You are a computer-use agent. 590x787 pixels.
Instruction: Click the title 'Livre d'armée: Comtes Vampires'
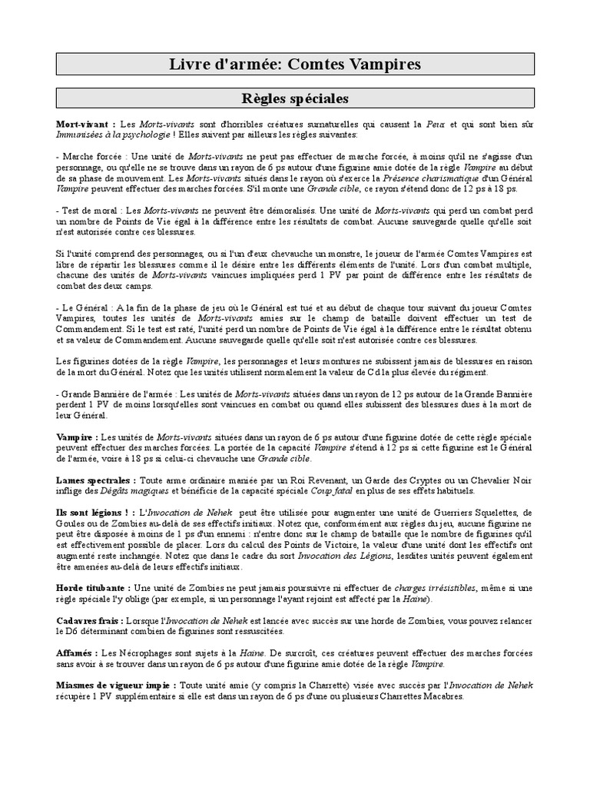click(295, 65)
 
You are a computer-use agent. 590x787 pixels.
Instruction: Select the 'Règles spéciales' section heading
click(295, 99)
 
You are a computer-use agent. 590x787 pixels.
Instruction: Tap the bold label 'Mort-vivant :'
click(86, 124)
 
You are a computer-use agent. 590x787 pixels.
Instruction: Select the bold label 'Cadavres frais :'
click(88, 620)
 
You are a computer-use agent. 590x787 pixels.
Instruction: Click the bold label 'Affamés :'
click(74, 653)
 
